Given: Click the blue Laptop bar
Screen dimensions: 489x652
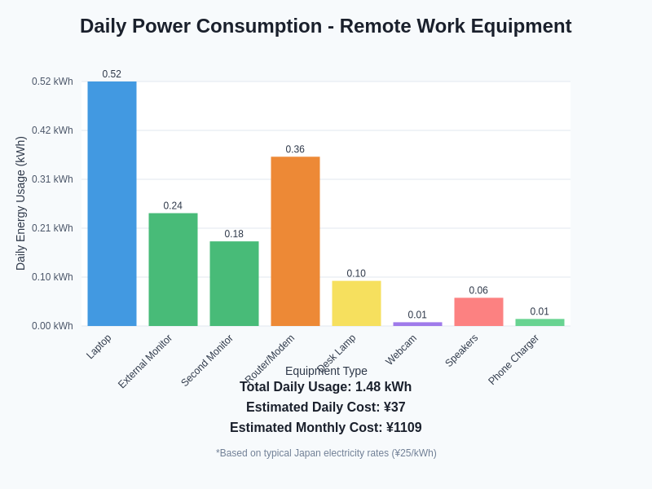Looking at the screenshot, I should point(112,204).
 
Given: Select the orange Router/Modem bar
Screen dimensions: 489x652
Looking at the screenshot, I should point(295,241).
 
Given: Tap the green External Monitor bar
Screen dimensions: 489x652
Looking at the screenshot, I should point(173,270).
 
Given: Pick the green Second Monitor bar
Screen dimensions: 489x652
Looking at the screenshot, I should point(234,284).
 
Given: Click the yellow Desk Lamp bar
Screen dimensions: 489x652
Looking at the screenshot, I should point(356,303).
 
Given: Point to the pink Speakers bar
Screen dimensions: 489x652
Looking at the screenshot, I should point(478,312).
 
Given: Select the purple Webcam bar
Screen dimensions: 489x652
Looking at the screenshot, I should point(417,324).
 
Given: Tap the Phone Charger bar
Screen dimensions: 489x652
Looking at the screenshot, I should point(540,323).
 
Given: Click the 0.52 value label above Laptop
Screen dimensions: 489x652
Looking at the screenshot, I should point(112,74).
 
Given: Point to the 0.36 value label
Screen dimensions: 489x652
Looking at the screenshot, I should point(295,149).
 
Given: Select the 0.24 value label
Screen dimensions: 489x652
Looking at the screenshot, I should point(173,205).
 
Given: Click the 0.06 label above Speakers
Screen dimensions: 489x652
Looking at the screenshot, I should point(478,290).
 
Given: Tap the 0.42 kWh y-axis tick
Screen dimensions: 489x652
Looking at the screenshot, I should point(52,130).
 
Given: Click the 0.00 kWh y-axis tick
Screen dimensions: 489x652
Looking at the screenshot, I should point(52,326).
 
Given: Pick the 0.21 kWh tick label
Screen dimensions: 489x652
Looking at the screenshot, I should point(52,228).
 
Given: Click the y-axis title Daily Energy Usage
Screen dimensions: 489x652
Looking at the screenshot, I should point(20,204).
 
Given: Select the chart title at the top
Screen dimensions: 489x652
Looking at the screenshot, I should point(326,26).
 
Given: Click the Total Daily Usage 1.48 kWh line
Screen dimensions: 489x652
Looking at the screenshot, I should point(326,386).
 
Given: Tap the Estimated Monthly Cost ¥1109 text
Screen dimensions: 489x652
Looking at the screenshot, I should point(326,427).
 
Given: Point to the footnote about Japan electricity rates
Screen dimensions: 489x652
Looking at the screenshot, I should point(326,453).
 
